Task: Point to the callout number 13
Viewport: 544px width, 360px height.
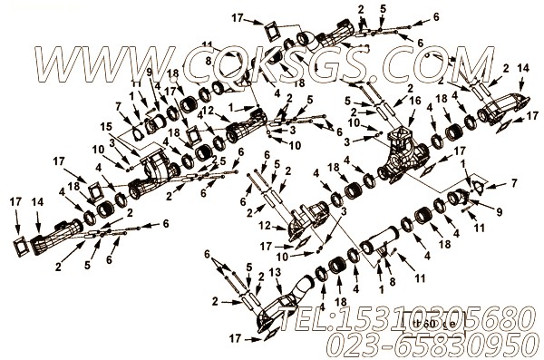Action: pyautogui.click(x=275, y=272)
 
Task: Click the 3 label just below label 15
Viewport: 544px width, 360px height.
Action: pyautogui.click(x=111, y=141)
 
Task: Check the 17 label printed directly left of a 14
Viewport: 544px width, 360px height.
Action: pyautogui.click(x=15, y=199)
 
